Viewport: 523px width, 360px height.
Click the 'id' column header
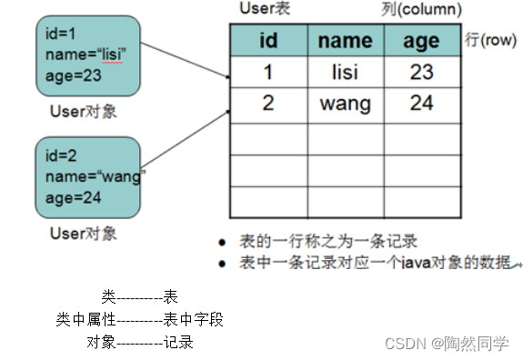pos(267,40)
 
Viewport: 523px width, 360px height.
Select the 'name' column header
pos(346,40)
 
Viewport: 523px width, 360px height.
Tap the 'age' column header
pos(422,40)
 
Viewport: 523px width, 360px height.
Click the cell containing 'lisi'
pos(346,71)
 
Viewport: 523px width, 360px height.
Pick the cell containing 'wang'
pos(346,103)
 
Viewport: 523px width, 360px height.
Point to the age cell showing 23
pos(422,71)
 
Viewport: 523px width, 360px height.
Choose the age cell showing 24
pos(422,103)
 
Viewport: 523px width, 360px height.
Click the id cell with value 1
pos(267,71)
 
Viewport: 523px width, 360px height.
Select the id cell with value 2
pos(267,103)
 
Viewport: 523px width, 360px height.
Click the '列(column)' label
pos(417,9)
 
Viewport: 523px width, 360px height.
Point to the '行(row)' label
pos(491,41)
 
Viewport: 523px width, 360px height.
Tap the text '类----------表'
pos(139,296)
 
